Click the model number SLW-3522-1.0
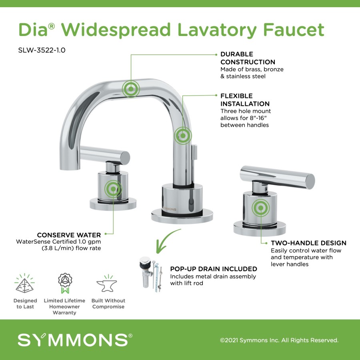pos(42,50)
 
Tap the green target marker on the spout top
pos(131,89)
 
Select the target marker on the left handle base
pos(113,189)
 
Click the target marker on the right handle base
pos(260,208)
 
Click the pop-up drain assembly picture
pos(151,274)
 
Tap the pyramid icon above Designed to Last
pos(24,284)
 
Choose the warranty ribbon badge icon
pos(65,283)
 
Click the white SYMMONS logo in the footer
pos(75,340)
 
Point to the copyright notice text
pos(279,340)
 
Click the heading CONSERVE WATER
pos(69,235)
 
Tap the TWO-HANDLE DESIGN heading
pos(308,243)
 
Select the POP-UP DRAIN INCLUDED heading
pos(214,269)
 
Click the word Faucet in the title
pos(294,30)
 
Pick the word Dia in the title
pos(33,30)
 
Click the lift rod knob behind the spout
pos(194,152)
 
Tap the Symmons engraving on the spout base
pos(170,209)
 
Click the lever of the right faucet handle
pos(277,177)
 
